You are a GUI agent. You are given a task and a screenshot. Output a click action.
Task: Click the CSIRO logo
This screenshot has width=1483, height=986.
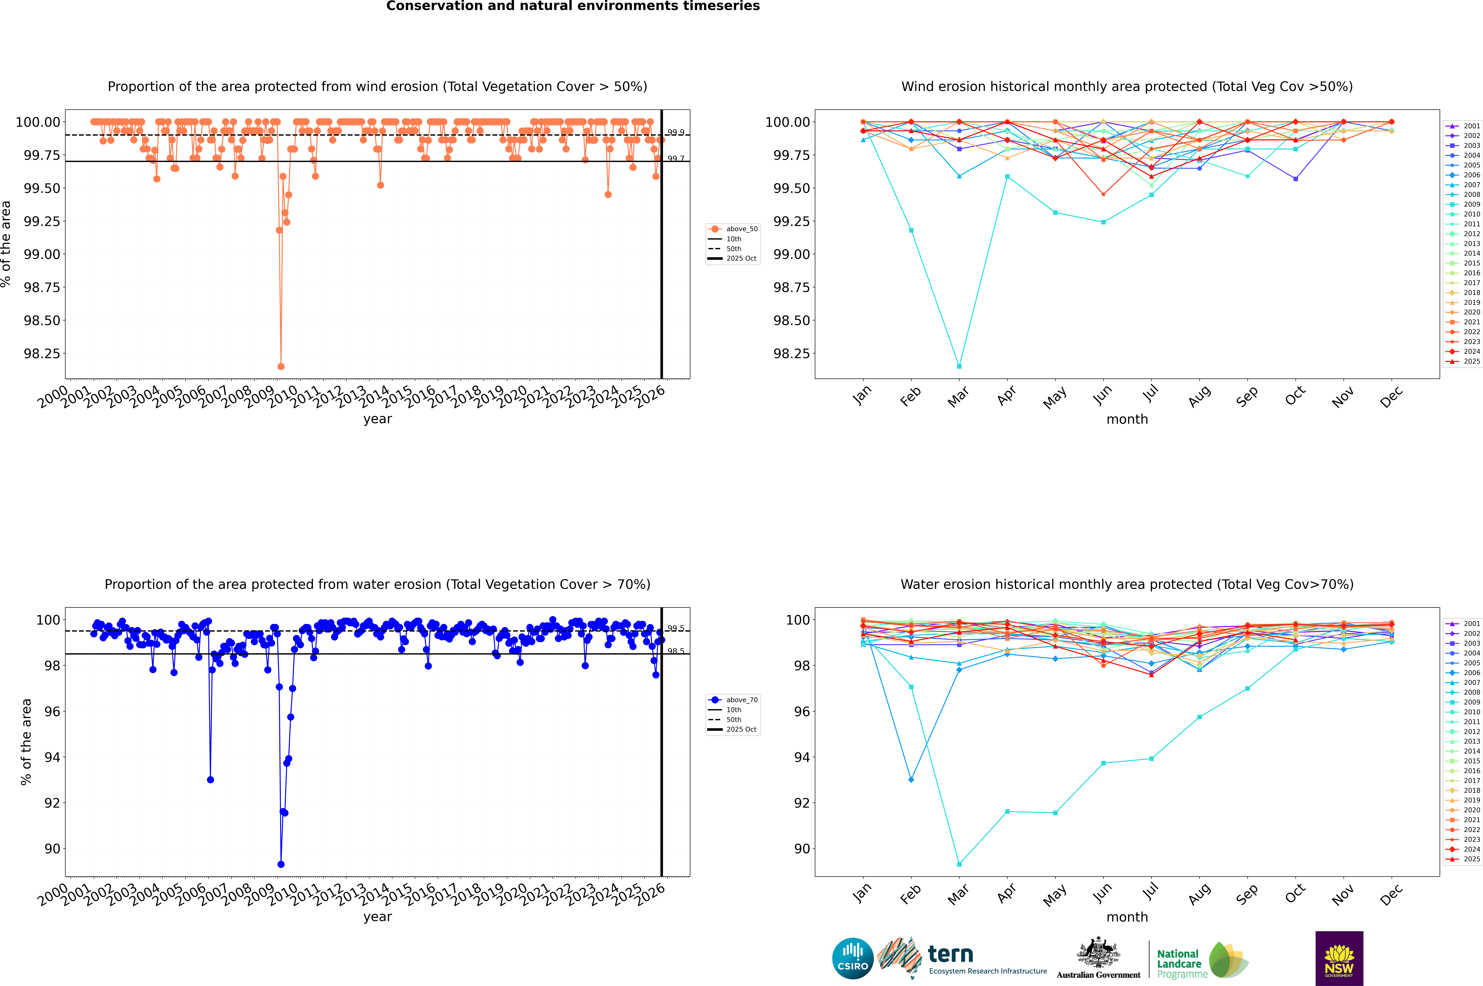click(852, 958)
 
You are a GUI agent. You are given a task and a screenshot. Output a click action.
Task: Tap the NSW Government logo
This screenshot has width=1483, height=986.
click(1339, 958)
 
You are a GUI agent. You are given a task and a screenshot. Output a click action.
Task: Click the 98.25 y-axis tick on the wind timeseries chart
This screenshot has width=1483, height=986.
click(41, 353)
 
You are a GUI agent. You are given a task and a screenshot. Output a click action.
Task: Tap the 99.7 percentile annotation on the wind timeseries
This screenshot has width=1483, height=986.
click(676, 158)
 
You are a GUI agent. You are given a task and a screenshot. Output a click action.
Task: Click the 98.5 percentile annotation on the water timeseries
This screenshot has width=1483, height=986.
click(676, 651)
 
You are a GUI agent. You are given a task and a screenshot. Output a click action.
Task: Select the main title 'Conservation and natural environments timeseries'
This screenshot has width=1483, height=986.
click(573, 6)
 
